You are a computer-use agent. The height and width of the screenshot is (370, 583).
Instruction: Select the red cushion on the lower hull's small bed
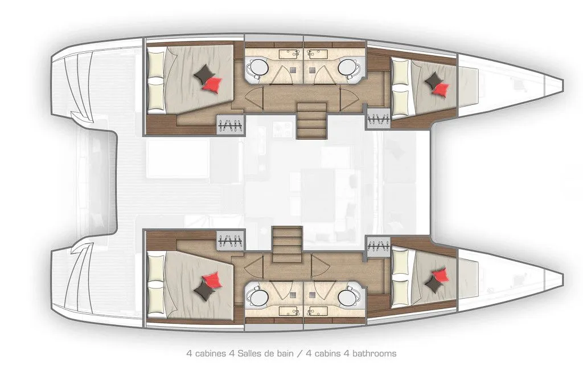pos(440,274)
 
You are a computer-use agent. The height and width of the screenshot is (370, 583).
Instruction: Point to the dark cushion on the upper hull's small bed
pos(433,80)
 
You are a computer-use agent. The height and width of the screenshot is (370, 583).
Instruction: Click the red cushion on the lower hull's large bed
pos(212,280)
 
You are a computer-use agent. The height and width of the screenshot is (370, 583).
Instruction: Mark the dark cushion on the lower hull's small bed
pos(433,284)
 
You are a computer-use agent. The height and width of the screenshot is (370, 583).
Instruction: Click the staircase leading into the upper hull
pos(311,120)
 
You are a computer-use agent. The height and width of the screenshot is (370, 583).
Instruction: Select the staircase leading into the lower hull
pos(288,245)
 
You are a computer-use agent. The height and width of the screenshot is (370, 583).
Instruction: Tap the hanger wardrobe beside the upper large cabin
pos(231,124)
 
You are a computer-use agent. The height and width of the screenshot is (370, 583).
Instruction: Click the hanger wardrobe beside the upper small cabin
pos(379,119)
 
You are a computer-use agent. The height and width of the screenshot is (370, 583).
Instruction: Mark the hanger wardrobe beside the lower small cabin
pos(379,246)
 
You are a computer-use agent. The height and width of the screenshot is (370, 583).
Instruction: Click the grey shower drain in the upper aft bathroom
pos(294,69)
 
